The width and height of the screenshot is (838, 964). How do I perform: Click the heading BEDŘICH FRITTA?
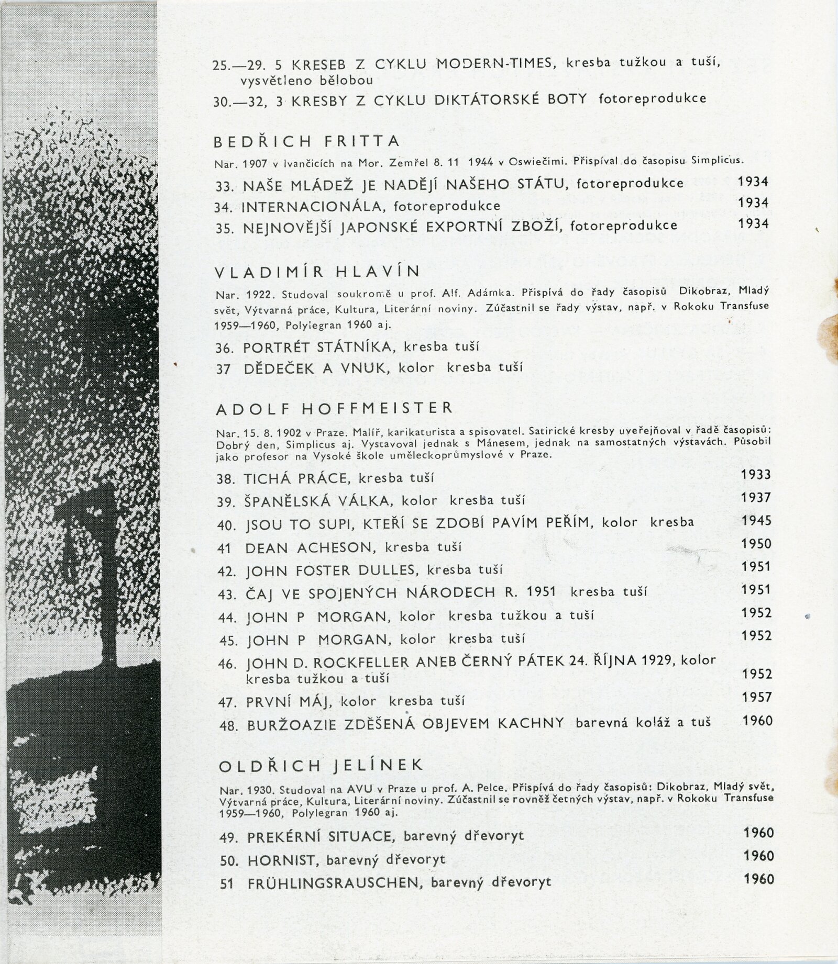[307, 141]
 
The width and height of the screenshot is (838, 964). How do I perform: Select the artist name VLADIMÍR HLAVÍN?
[318, 272]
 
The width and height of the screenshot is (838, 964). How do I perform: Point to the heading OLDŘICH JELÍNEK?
[321, 765]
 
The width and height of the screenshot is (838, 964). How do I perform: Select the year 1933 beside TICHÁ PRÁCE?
[756, 475]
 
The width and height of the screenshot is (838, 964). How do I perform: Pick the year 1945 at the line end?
[756, 520]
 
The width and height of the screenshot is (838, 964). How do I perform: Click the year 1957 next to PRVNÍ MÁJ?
[757, 697]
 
